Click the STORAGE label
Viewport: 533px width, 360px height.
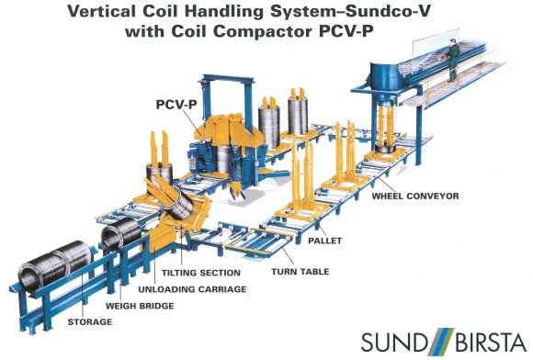click(x=89, y=322)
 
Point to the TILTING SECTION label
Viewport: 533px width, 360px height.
click(x=201, y=273)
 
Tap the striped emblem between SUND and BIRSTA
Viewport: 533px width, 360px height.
click(x=437, y=342)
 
